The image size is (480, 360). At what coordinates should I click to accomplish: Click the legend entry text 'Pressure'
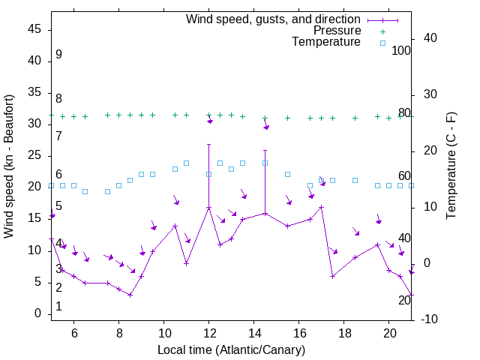click(337, 31)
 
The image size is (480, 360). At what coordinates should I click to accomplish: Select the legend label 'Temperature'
click(326, 43)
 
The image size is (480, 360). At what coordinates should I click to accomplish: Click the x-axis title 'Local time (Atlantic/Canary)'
click(231, 350)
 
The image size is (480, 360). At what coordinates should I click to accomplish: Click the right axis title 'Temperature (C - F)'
click(451, 166)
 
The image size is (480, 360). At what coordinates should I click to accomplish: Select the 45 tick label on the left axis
click(34, 28)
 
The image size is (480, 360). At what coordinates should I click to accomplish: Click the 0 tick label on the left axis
click(38, 313)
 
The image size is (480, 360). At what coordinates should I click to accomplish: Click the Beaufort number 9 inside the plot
click(58, 55)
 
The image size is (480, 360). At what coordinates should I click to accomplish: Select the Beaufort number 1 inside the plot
click(58, 307)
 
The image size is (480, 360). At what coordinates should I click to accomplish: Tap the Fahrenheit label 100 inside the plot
click(401, 50)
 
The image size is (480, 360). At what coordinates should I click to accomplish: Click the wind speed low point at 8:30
click(130, 295)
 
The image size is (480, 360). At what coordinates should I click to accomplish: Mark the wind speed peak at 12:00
click(209, 207)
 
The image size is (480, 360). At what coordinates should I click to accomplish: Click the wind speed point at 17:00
click(321, 207)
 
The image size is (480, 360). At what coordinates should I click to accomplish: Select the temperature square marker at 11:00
click(186, 163)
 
